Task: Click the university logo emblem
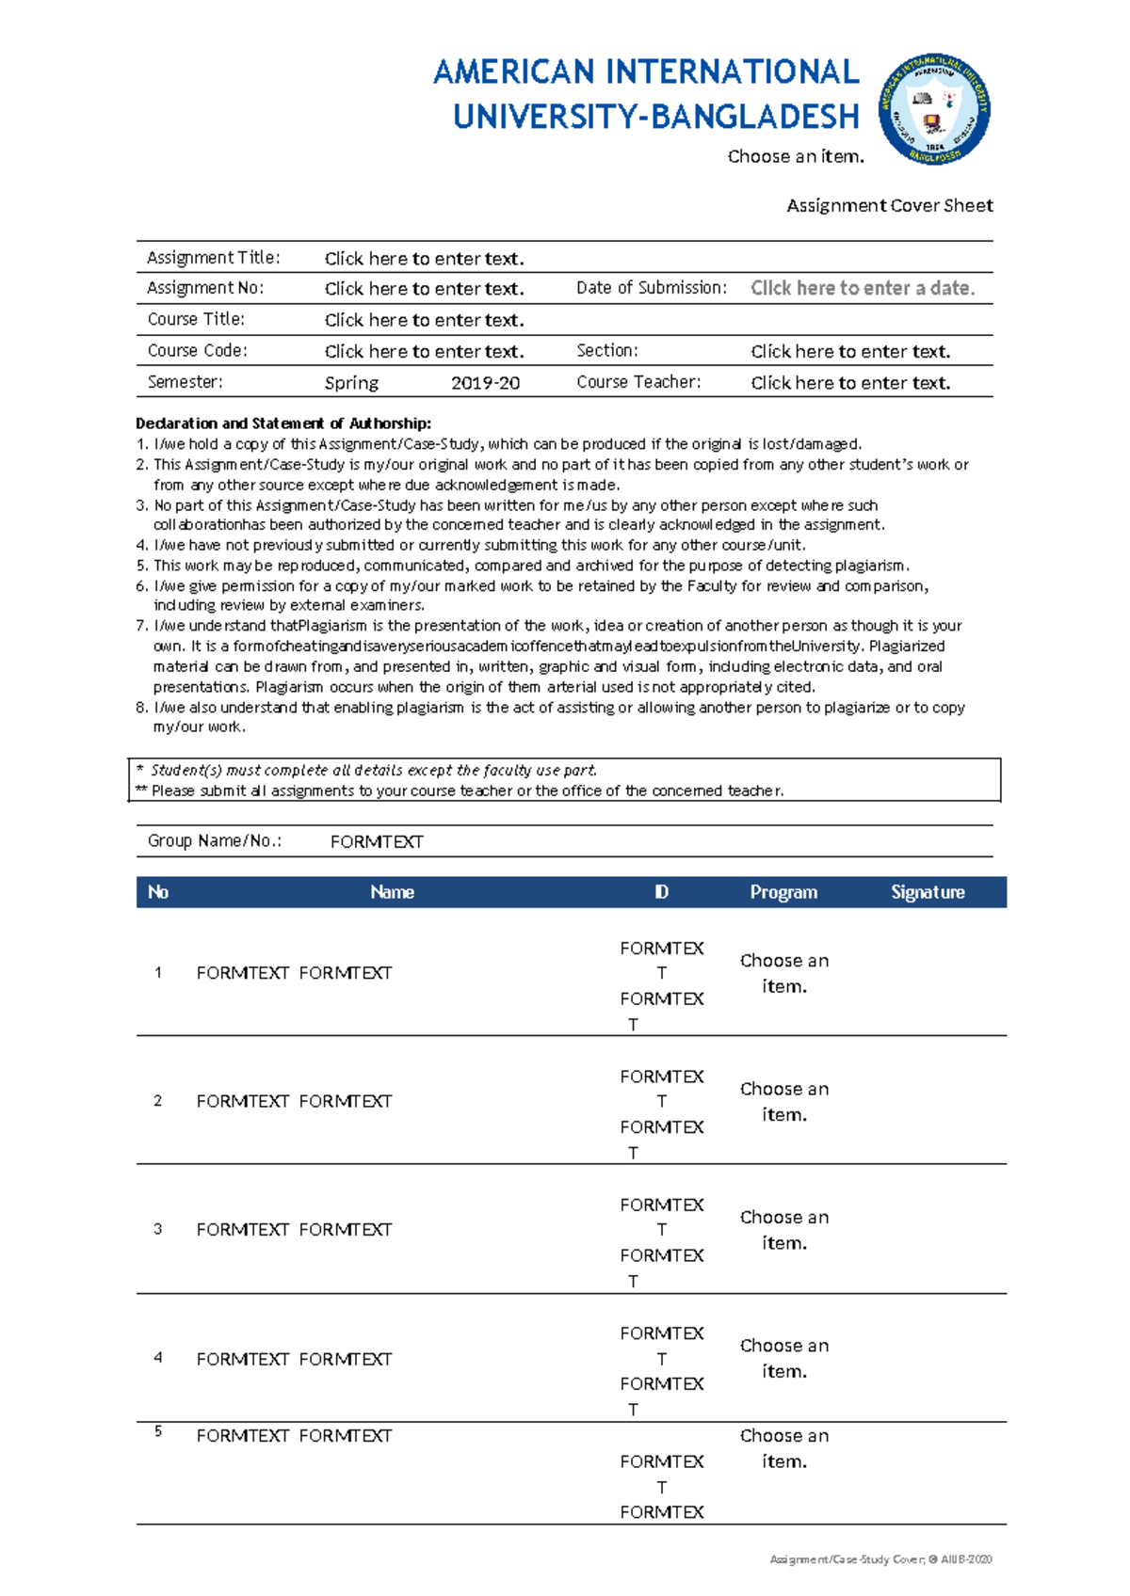pos(933,108)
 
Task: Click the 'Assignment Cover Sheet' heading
pos(889,205)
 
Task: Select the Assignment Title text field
pos(424,258)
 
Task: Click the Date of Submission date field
pos(862,288)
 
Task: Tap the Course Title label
pos(196,319)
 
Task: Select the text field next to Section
pos(849,351)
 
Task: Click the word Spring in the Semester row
pos(351,383)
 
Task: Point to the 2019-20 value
pos(485,383)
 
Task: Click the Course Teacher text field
pos(849,383)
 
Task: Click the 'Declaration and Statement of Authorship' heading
pos(283,423)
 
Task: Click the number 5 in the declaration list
pos(141,566)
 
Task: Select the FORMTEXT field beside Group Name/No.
pos(376,841)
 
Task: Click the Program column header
pos(783,892)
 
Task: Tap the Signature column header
pos(928,892)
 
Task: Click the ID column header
pos(661,892)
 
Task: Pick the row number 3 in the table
pos(157,1229)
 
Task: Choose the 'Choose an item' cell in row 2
pos(783,1101)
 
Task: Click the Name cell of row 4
pos(294,1359)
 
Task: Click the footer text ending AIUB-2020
pos(880,1559)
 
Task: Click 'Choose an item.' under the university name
pos(796,156)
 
